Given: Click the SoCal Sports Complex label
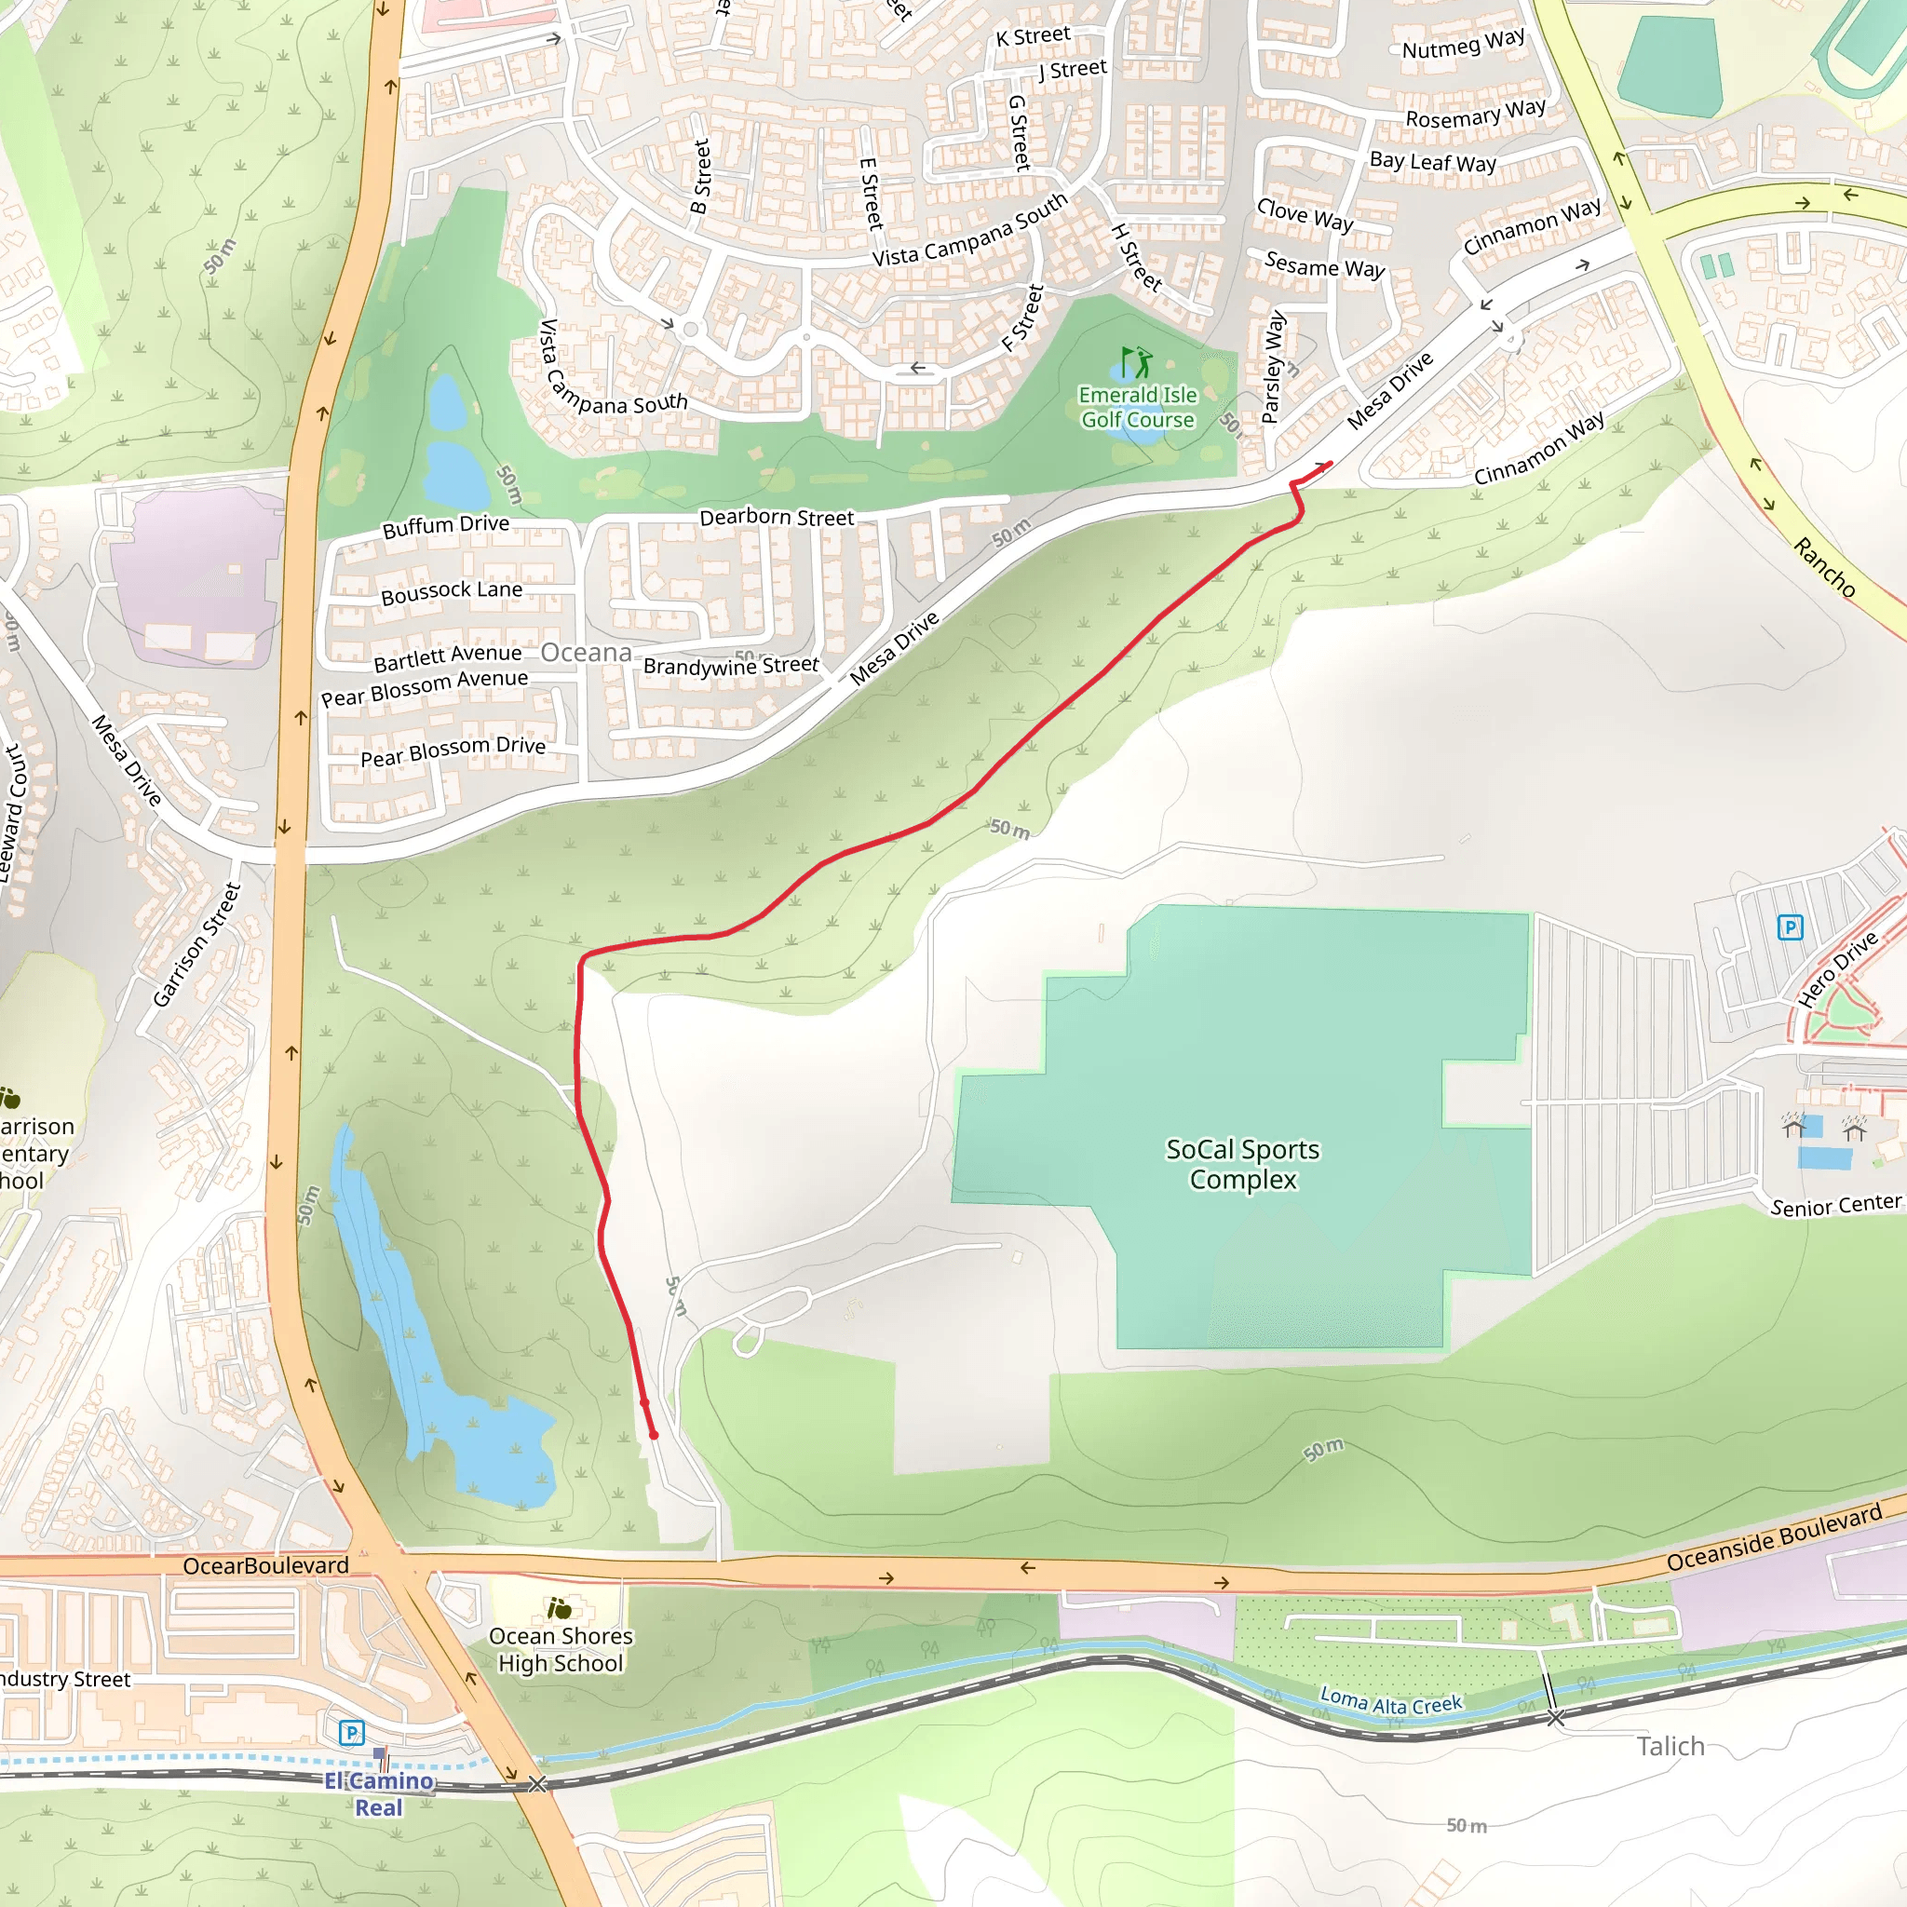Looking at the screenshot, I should [1242, 1164].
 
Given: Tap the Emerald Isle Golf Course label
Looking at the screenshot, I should [1137, 407].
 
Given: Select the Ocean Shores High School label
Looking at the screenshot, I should [561, 1649].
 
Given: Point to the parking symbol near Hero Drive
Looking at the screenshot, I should [1790, 926].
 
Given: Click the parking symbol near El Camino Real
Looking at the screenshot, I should [351, 1732].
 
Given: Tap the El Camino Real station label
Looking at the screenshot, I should [379, 1793].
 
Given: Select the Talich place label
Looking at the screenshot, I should [1670, 1746].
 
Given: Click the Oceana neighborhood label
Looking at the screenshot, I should [587, 653].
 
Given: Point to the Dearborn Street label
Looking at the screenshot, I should [777, 517].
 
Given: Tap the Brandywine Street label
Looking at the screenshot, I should [730, 667].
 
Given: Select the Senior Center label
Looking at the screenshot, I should [1835, 1205].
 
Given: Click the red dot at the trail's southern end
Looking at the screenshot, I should [654, 1434].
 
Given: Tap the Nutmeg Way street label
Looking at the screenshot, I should [1463, 44].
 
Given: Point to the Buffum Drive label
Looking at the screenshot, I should [446, 525].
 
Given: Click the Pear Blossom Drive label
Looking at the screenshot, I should [453, 751].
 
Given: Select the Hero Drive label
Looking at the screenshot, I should [1837, 969].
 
